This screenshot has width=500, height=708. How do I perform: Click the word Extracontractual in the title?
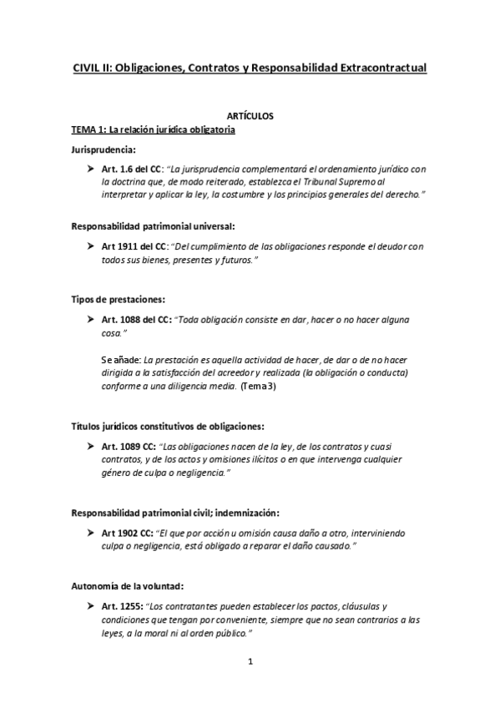[x=378, y=68]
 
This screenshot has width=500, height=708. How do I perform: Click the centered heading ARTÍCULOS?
[x=250, y=118]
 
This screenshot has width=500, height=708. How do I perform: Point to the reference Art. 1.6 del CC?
[x=132, y=169]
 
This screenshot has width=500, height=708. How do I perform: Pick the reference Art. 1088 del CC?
[x=135, y=320]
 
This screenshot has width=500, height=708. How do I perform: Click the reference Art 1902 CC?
[x=126, y=531]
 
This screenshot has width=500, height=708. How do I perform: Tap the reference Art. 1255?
[x=120, y=606]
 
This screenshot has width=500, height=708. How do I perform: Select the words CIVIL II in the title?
[x=91, y=68]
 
